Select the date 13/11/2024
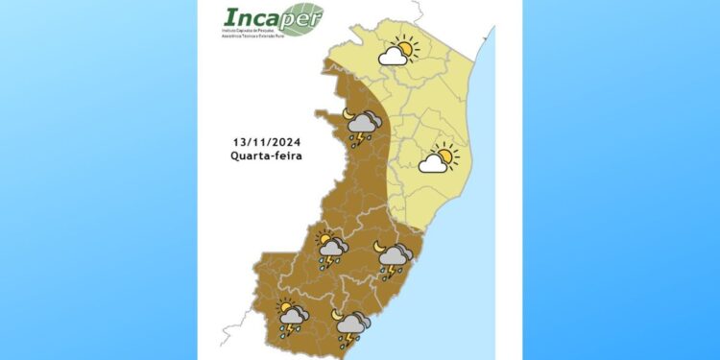pyautogui.click(x=268, y=140)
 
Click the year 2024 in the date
pyautogui.click(x=287, y=140)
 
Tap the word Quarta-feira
pyautogui.click(x=268, y=156)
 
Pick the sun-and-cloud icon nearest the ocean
pyautogui.click(x=439, y=158)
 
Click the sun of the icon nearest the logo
pyautogui.click(x=405, y=48)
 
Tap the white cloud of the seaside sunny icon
pyautogui.click(x=434, y=164)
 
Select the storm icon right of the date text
pyautogui.click(x=363, y=127)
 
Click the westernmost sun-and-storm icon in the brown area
pyautogui.click(x=291, y=318)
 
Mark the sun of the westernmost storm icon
pyautogui.click(x=285, y=307)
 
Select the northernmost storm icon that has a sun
pyautogui.click(x=331, y=250)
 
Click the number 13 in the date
pyautogui.click(x=239, y=140)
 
